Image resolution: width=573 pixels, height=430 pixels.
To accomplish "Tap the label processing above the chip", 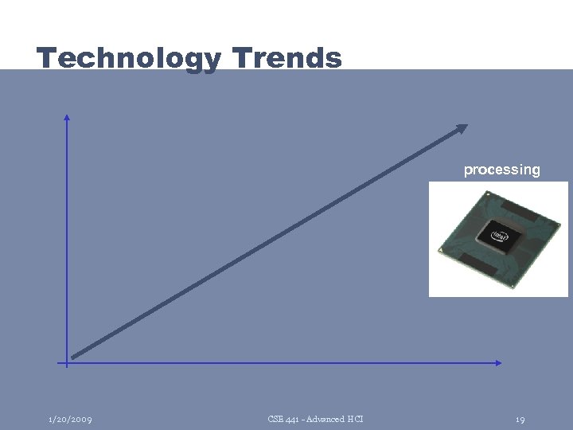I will [x=501, y=170].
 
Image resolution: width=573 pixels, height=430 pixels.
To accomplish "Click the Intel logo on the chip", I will [x=500, y=236].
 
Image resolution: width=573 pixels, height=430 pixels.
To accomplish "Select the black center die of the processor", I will [x=500, y=236].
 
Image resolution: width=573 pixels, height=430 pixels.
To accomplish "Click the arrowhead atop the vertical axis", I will [x=67, y=118].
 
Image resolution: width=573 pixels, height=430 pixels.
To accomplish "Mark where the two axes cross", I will [x=67, y=363].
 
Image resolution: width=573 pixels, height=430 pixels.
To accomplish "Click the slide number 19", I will [x=520, y=419].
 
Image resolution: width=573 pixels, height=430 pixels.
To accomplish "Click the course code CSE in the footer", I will [x=275, y=419].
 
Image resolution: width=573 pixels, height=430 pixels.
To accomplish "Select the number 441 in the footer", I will [x=291, y=419].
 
